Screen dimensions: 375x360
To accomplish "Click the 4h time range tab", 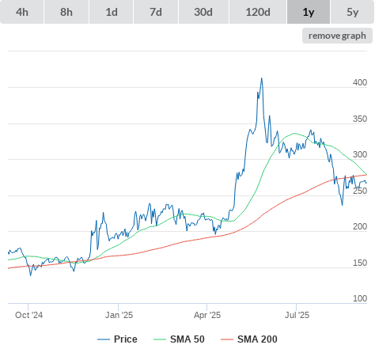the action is (x=22, y=12).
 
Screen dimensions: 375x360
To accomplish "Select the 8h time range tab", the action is (x=66, y=12).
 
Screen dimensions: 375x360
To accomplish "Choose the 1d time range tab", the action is (x=112, y=12).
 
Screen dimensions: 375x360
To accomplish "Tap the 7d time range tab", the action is (x=156, y=12).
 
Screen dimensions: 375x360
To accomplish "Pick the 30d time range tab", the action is (x=203, y=12).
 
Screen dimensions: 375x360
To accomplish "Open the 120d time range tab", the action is (x=258, y=12).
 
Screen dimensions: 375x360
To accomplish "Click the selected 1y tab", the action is (x=309, y=12).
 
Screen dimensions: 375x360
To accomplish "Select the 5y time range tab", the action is (x=352, y=12).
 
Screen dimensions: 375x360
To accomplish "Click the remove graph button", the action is (x=337, y=36).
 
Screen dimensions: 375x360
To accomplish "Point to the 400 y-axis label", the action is (x=360, y=82).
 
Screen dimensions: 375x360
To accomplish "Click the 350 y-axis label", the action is (x=360, y=119).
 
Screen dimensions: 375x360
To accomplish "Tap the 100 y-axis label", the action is (x=360, y=298).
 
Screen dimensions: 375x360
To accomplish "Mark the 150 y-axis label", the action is (x=360, y=263).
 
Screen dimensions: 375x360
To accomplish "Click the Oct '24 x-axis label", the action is (x=28, y=315).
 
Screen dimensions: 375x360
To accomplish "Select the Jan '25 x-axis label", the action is (x=119, y=315).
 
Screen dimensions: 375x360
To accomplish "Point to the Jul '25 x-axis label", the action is (x=297, y=315).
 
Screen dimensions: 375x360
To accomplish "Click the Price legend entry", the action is (x=117, y=339).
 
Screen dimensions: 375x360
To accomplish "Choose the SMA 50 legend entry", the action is (x=179, y=339).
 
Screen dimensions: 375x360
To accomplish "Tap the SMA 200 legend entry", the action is (x=249, y=339).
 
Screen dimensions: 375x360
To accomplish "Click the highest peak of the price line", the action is (x=262, y=78).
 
